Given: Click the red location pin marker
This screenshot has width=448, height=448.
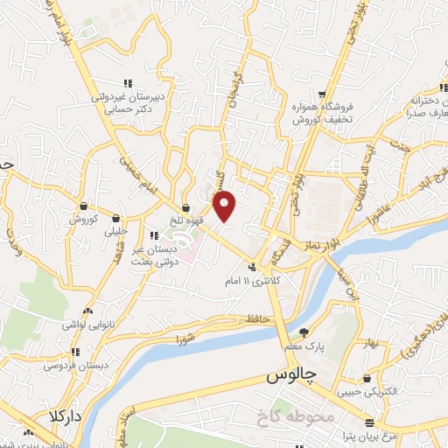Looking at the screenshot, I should click(x=226, y=206).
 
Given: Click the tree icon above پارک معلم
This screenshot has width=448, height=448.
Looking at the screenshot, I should click(x=304, y=332).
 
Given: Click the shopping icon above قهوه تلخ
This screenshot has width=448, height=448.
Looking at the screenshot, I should click(x=186, y=206).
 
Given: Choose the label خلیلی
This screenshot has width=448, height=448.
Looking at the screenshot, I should click(x=116, y=232).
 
